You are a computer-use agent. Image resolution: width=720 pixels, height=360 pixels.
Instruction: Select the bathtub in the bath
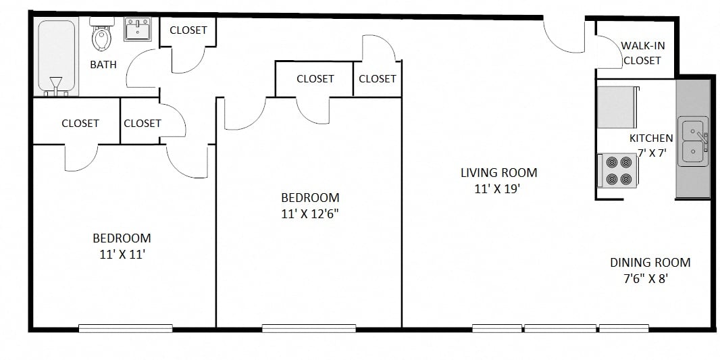point(56,57)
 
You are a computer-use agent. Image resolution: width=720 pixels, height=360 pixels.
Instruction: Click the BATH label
point(103,65)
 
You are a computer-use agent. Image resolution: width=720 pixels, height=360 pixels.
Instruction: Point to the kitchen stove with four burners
point(619,171)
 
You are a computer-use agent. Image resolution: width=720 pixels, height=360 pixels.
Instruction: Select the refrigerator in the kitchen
point(617,107)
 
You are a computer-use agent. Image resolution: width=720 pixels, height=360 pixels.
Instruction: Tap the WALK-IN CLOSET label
point(642,53)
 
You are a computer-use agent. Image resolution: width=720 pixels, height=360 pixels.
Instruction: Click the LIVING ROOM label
point(498,173)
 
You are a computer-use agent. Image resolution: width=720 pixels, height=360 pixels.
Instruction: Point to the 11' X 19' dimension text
point(498,189)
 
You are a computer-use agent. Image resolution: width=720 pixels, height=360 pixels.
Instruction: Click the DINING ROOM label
point(650,263)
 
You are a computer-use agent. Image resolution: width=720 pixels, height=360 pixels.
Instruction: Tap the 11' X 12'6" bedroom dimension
point(310,214)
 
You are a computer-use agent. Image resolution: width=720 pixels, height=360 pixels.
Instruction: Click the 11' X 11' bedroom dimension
point(122,255)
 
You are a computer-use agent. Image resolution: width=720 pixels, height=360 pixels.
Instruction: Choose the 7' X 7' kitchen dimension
point(652,153)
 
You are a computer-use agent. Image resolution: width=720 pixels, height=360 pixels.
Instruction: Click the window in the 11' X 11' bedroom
point(121,329)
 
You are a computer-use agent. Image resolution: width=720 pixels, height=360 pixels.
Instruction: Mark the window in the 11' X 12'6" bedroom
point(309,329)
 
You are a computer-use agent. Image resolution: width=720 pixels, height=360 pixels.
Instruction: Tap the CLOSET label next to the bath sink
point(188,30)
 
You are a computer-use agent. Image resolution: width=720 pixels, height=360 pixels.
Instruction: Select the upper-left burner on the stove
point(612,163)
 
